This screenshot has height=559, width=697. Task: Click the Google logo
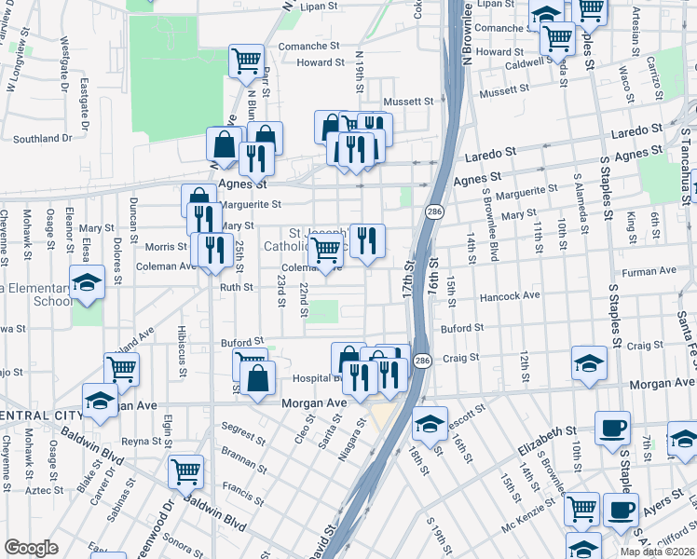tap(32, 548)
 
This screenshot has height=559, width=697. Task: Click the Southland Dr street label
tap(43, 139)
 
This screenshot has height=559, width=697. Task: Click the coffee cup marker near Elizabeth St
tap(611, 428)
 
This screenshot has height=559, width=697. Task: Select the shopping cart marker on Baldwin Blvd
tap(186, 470)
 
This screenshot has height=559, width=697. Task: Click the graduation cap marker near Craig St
tap(590, 363)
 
